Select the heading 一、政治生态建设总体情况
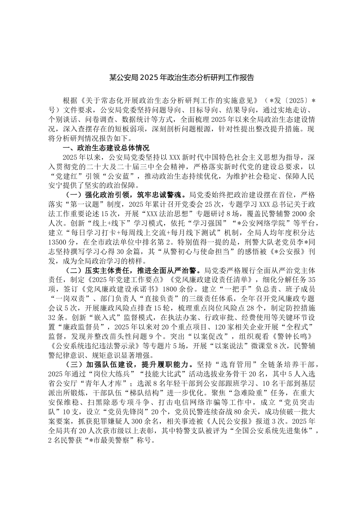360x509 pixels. tap(106, 147)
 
